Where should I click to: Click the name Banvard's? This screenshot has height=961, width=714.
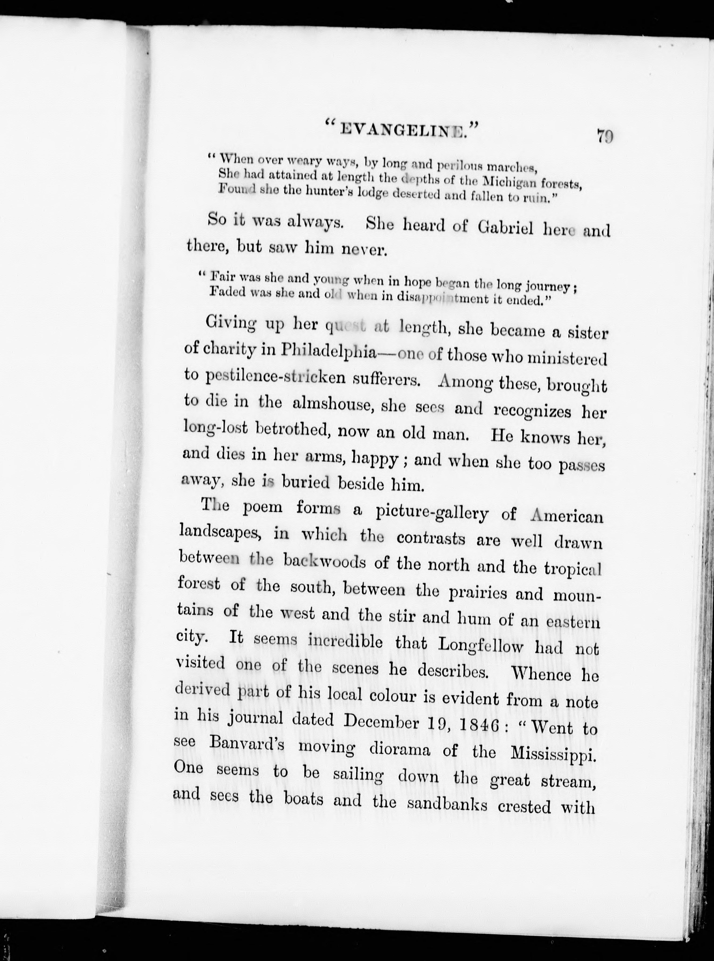pos(246,744)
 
